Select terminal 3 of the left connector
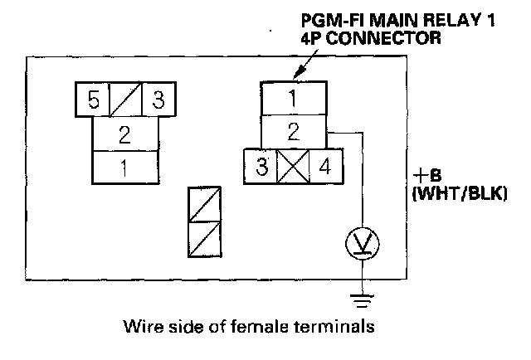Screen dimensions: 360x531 [x=158, y=100]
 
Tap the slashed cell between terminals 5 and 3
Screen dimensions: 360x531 [x=125, y=100]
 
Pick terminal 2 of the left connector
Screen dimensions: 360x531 [x=124, y=134]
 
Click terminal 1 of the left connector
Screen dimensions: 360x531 [x=124, y=168]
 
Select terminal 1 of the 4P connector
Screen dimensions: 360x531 [x=293, y=98]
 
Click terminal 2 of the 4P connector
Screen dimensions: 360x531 [x=293, y=132]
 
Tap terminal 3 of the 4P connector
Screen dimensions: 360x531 [x=261, y=167]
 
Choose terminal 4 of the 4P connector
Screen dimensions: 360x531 [x=325, y=167]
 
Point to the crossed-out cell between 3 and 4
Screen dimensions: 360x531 [x=293, y=167]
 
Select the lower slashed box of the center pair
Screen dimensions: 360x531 [x=204, y=241]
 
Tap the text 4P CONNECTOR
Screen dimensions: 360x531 [x=382, y=38]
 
